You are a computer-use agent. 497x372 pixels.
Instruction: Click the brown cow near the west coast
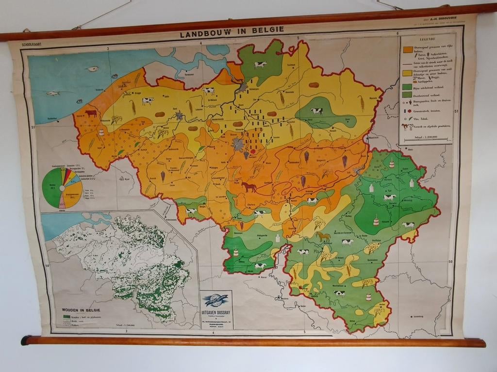91,113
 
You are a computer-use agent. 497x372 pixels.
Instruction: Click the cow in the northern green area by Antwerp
260,64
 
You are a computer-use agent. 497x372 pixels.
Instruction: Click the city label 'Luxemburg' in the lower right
418,317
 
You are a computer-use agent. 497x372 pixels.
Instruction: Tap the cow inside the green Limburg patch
316,111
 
